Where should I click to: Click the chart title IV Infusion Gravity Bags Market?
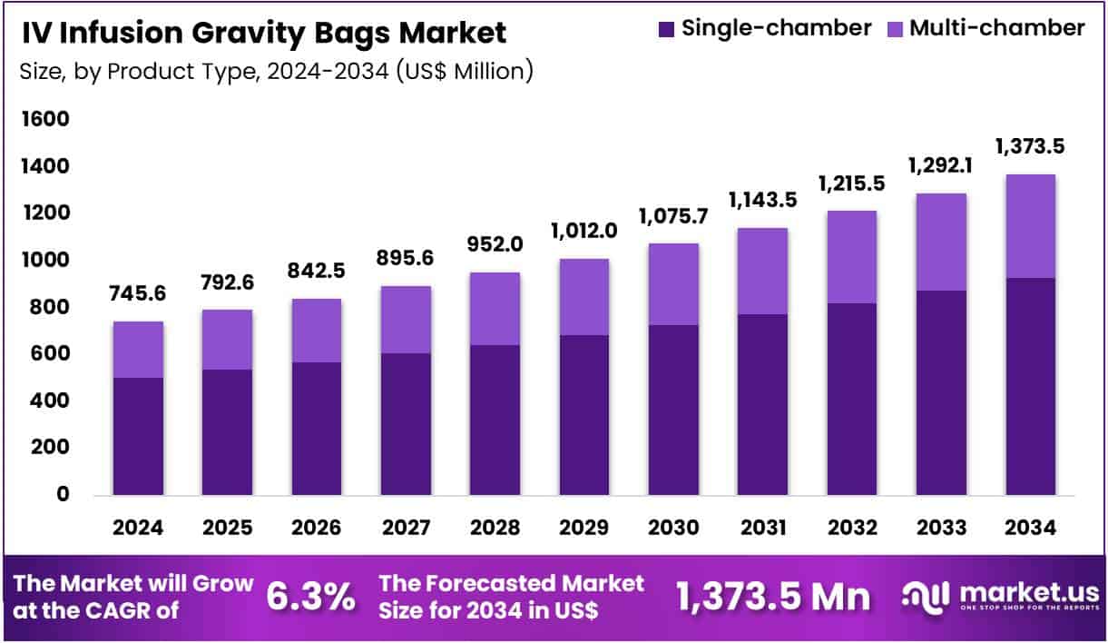(263, 34)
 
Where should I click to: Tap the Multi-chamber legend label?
(996, 28)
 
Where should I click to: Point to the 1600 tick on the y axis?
(44, 120)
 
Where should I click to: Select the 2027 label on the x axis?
(405, 528)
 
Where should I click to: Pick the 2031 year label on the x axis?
(762, 528)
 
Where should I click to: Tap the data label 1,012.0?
(583, 231)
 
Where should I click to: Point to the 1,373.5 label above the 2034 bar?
(1030, 146)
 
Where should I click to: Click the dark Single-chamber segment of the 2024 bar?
(138, 436)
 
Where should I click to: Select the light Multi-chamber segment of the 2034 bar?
(1030, 226)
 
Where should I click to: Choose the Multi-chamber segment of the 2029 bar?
(583, 297)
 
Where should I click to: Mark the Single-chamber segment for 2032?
(851, 399)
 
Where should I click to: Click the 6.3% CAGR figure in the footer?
(310, 597)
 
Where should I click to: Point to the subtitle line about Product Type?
(276, 72)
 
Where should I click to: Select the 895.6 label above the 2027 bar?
(405, 259)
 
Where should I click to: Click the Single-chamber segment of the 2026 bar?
(316, 429)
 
